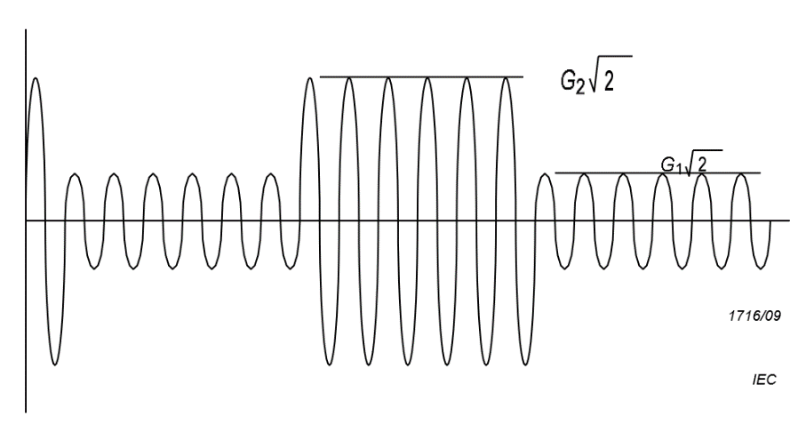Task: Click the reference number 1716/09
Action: [x=752, y=315]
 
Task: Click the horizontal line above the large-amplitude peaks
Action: [x=421, y=77]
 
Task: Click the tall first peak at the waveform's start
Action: [x=36, y=80]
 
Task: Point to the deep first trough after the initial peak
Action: [x=55, y=364]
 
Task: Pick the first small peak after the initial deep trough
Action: [x=75, y=175]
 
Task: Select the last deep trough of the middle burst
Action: [x=525, y=364]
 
